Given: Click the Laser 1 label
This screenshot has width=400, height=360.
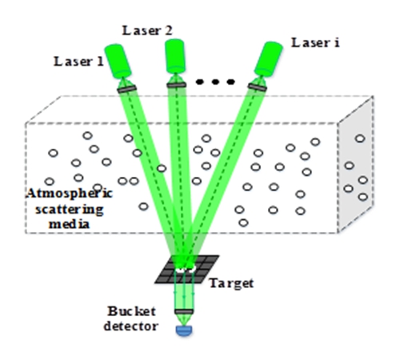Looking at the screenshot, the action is click(78, 62).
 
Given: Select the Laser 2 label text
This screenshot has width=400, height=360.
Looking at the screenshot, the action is click(147, 30).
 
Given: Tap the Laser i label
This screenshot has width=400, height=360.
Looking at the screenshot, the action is click(315, 42).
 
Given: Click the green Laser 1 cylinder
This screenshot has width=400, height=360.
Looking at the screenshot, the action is click(118, 62).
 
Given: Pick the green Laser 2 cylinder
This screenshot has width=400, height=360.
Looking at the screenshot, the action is click(175, 56).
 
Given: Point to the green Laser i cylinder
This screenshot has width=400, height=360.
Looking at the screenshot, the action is click(268, 59).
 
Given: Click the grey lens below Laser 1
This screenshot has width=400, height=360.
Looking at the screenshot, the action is click(127, 89).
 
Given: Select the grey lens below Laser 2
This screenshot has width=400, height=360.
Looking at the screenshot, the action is click(176, 85).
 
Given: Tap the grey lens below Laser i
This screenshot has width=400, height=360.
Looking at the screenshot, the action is click(258, 87).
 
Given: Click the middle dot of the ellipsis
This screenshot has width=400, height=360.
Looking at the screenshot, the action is click(215, 82).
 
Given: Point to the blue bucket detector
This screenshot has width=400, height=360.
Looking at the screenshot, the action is click(184, 330).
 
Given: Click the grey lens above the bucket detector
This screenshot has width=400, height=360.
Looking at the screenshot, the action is click(184, 311).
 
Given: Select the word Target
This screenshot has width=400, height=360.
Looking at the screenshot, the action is click(231, 283).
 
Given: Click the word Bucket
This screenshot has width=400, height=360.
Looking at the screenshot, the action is click(132, 311).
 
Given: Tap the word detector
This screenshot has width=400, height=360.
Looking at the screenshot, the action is click(131, 326).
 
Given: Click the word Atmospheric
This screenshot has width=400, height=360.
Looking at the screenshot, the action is click(70, 194).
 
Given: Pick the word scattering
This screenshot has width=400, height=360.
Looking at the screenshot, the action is click(70, 210).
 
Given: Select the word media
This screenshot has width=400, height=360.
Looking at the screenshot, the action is click(70, 223).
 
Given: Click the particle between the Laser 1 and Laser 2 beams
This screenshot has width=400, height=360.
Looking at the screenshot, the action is click(162, 168).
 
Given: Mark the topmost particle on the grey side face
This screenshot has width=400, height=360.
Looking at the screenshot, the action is click(360, 138).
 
